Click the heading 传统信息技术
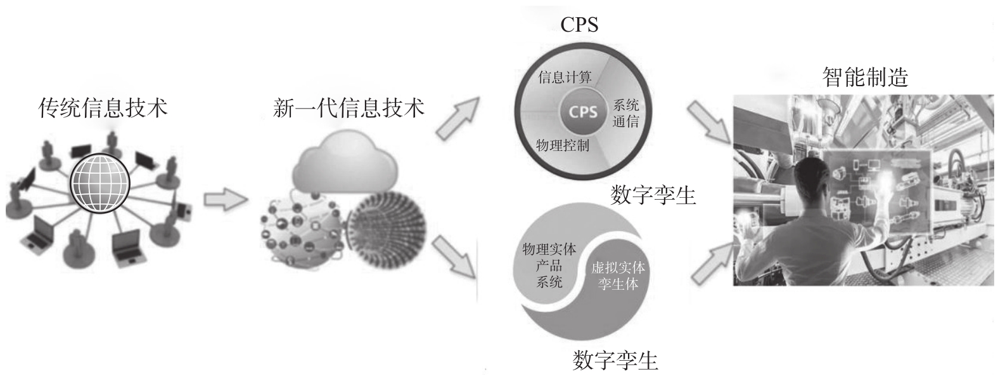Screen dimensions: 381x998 coord(103,108)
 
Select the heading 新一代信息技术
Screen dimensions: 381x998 coord(348,108)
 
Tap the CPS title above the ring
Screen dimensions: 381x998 coord(579,25)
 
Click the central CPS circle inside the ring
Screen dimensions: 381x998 coord(583,112)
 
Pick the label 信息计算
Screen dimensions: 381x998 coord(565,77)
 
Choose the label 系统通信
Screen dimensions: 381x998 coord(625,113)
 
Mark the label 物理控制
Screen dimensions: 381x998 coord(562,145)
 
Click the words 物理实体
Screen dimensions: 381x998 coord(549,249)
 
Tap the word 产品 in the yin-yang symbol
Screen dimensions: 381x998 coord(549,266)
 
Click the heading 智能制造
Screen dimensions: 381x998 coord(864,77)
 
